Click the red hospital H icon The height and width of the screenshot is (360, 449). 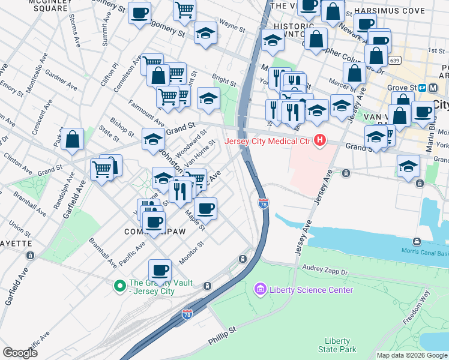(319, 141)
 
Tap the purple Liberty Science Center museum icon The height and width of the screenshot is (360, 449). (259, 290)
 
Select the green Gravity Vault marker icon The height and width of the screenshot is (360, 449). (120, 284)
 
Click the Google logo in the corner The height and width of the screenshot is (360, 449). (20, 353)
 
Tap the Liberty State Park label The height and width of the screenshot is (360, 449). (340, 345)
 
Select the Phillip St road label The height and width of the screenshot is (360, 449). (223, 335)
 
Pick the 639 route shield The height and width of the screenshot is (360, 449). (394, 61)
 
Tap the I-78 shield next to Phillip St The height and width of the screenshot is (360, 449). (187, 314)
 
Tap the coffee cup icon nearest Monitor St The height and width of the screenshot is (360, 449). (160, 270)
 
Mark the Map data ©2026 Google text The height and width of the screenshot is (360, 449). (411, 355)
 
